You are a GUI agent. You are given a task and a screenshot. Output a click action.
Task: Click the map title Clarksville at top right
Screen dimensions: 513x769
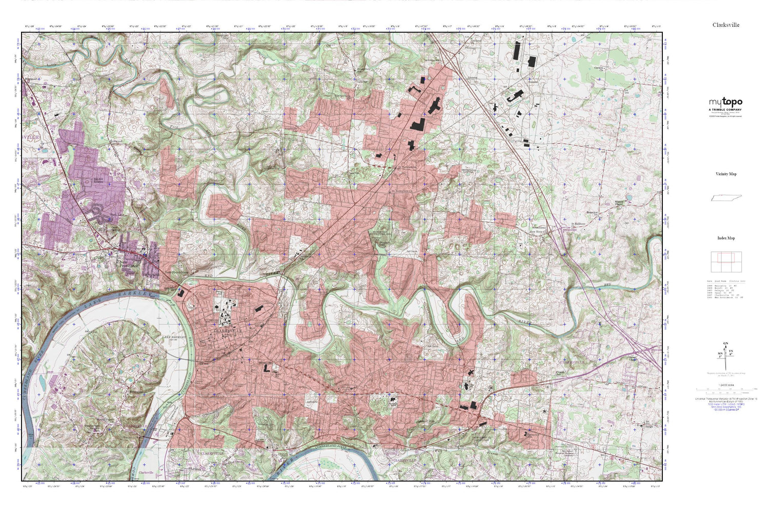coord(725,25)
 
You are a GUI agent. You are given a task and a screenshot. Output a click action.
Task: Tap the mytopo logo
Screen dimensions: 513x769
coord(725,102)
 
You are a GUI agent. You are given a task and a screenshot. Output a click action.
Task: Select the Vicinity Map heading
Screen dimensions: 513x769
coord(725,174)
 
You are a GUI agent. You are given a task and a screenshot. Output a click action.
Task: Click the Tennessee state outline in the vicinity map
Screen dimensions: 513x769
coord(725,198)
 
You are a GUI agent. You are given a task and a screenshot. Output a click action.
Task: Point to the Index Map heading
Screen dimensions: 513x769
coord(725,238)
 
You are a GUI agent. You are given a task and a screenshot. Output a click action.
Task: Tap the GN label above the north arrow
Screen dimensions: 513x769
coord(725,343)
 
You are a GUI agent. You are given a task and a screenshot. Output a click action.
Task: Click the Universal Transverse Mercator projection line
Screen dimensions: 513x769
coord(725,399)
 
